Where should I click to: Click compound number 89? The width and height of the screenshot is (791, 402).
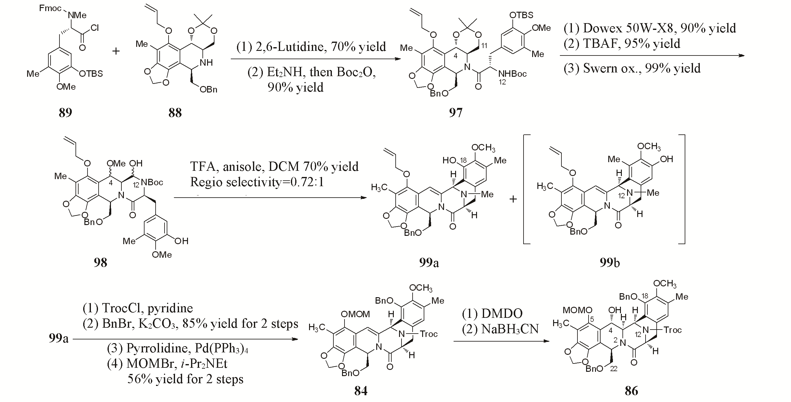pyautogui.click(x=65, y=113)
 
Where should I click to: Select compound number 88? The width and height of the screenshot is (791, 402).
pyautogui.click(x=175, y=113)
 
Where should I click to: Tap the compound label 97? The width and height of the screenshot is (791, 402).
pyautogui.click(x=455, y=113)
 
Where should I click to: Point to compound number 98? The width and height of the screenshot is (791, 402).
pyautogui.click(x=100, y=262)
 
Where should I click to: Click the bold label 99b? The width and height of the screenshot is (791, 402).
pyautogui.click(x=610, y=262)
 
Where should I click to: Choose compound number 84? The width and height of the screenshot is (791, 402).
pyautogui.click(x=361, y=391)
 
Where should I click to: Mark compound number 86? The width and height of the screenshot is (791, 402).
pyautogui.click(x=631, y=391)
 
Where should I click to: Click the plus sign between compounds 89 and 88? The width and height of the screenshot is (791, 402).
pyautogui.click(x=116, y=51)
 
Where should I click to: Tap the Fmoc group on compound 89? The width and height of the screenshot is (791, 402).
pyautogui.click(x=50, y=8)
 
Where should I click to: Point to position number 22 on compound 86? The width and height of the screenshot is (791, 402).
pyautogui.click(x=614, y=369)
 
